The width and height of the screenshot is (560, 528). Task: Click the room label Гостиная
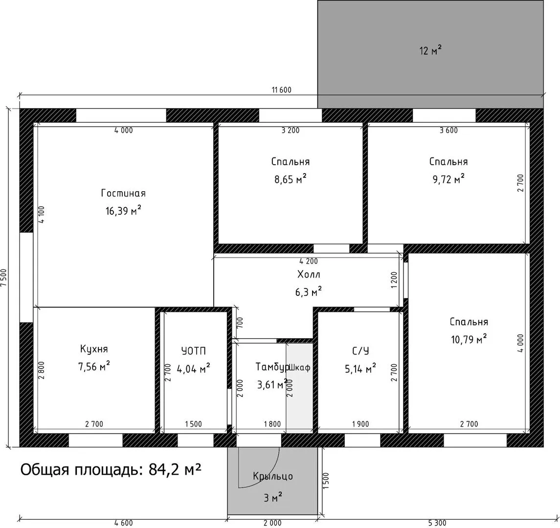pyautogui.click(x=123, y=193)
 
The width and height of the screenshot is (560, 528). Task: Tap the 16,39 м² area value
pyautogui.click(x=123, y=210)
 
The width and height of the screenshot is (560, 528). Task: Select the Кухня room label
pyautogui.click(x=94, y=349)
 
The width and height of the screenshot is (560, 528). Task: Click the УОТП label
pyautogui.click(x=194, y=351)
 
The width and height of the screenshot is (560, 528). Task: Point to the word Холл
pyautogui.click(x=309, y=275)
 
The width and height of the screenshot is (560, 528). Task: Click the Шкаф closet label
pyautogui.click(x=300, y=367)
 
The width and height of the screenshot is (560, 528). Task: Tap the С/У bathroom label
pyautogui.click(x=360, y=351)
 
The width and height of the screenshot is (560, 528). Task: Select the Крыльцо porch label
pyautogui.click(x=273, y=476)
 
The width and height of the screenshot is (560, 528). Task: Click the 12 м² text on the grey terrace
pyautogui.click(x=430, y=50)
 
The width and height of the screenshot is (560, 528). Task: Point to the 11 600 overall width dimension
pyautogui.click(x=281, y=90)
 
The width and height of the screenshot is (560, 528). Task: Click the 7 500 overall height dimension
pyautogui.click(x=3, y=277)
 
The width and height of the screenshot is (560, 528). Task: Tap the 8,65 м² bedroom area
pyautogui.click(x=291, y=178)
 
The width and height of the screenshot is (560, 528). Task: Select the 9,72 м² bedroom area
pyautogui.click(x=448, y=178)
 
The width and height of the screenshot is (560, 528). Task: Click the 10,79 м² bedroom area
pyautogui.click(x=469, y=339)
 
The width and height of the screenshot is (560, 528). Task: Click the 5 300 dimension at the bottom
pyautogui.click(x=437, y=523)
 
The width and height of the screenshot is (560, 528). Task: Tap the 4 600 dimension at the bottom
pyautogui.click(x=124, y=523)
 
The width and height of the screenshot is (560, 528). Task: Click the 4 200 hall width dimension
pyautogui.click(x=309, y=261)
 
